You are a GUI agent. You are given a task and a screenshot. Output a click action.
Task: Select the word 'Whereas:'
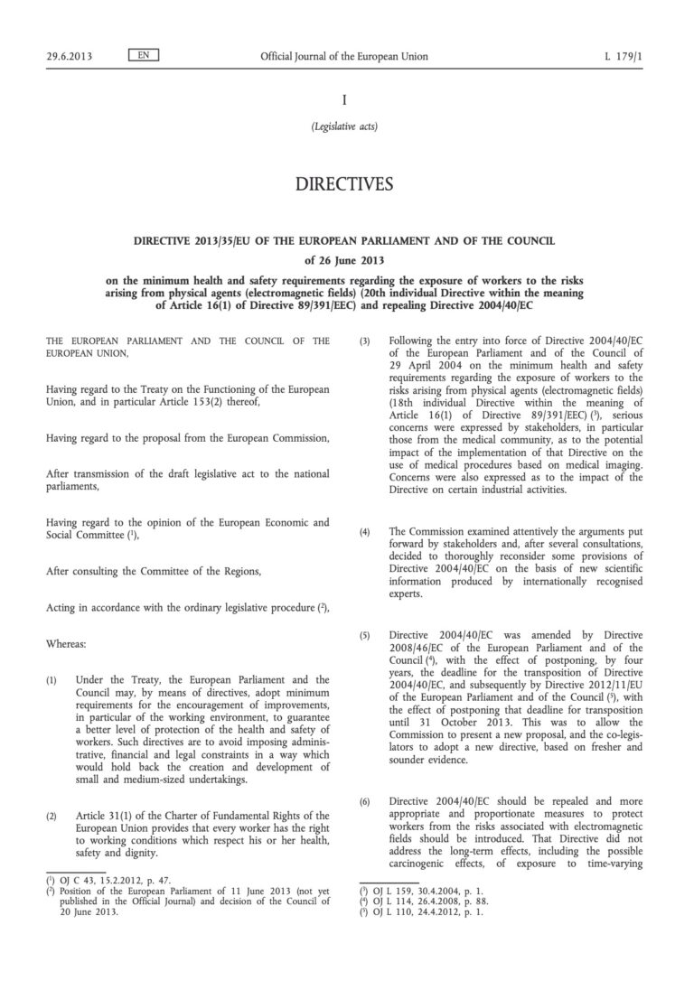[66, 645]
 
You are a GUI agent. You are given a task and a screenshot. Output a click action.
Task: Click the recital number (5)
[365, 635]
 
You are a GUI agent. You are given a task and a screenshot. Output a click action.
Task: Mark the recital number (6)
[365, 801]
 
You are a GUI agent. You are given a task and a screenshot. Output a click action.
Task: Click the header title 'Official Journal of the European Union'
[344, 57]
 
